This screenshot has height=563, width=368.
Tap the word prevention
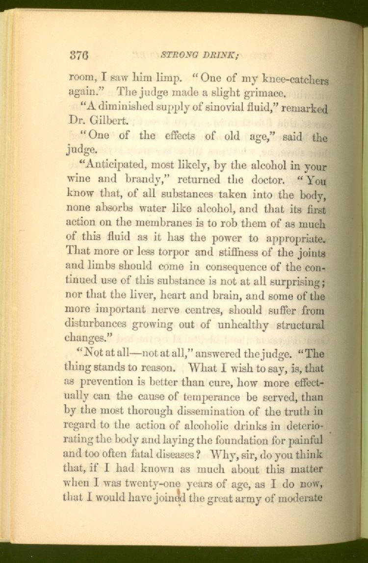pyautogui.click(x=105, y=382)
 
